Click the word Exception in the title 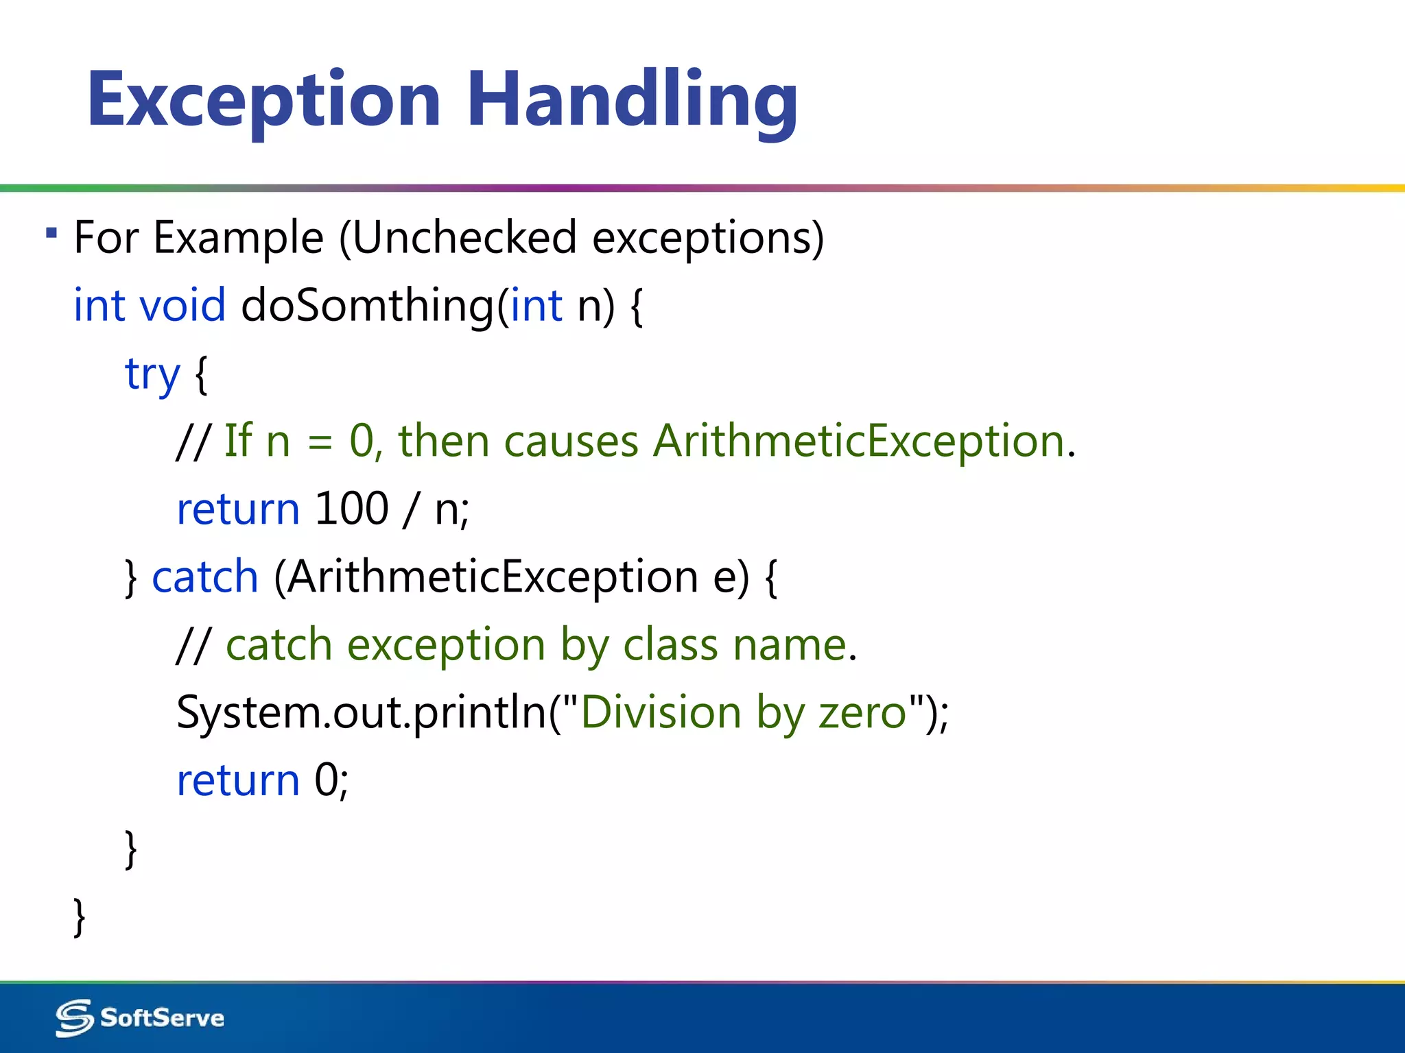(263, 100)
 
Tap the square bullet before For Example (51, 233)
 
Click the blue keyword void (182, 304)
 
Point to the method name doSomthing (367, 304)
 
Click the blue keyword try (152, 374)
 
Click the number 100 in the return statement (352, 508)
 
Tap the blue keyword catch (204, 577)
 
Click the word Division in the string (661, 712)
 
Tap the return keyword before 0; (238, 780)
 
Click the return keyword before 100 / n (238, 508)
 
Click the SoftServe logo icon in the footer (74, 1018)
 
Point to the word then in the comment (443, 440)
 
